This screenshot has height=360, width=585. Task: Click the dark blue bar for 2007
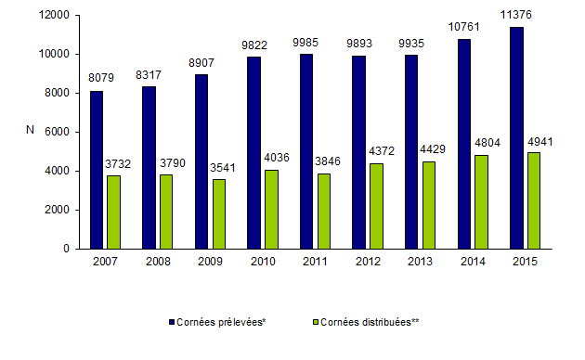97,170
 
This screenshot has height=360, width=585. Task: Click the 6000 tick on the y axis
59,132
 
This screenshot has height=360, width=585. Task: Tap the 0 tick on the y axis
68,249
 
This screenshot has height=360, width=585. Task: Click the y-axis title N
32,133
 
